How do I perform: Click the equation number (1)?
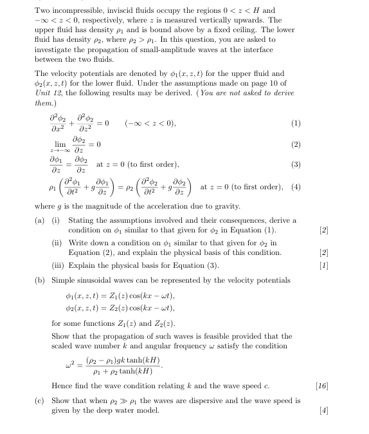pyautogui.click(x=295, y=123)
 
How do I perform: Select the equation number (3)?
pyautogui.click(x=295, y=165)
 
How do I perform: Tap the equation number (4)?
pyautogui.click(x=295, y=187)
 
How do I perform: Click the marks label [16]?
pyautogui.click(x=323, y=386)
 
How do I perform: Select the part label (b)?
pyautogui.click(x=39, y=280)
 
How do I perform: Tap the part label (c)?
pyautogui.click(x=39, y=400)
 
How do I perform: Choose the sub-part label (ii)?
pyautogui.click(x=57, y=242)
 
